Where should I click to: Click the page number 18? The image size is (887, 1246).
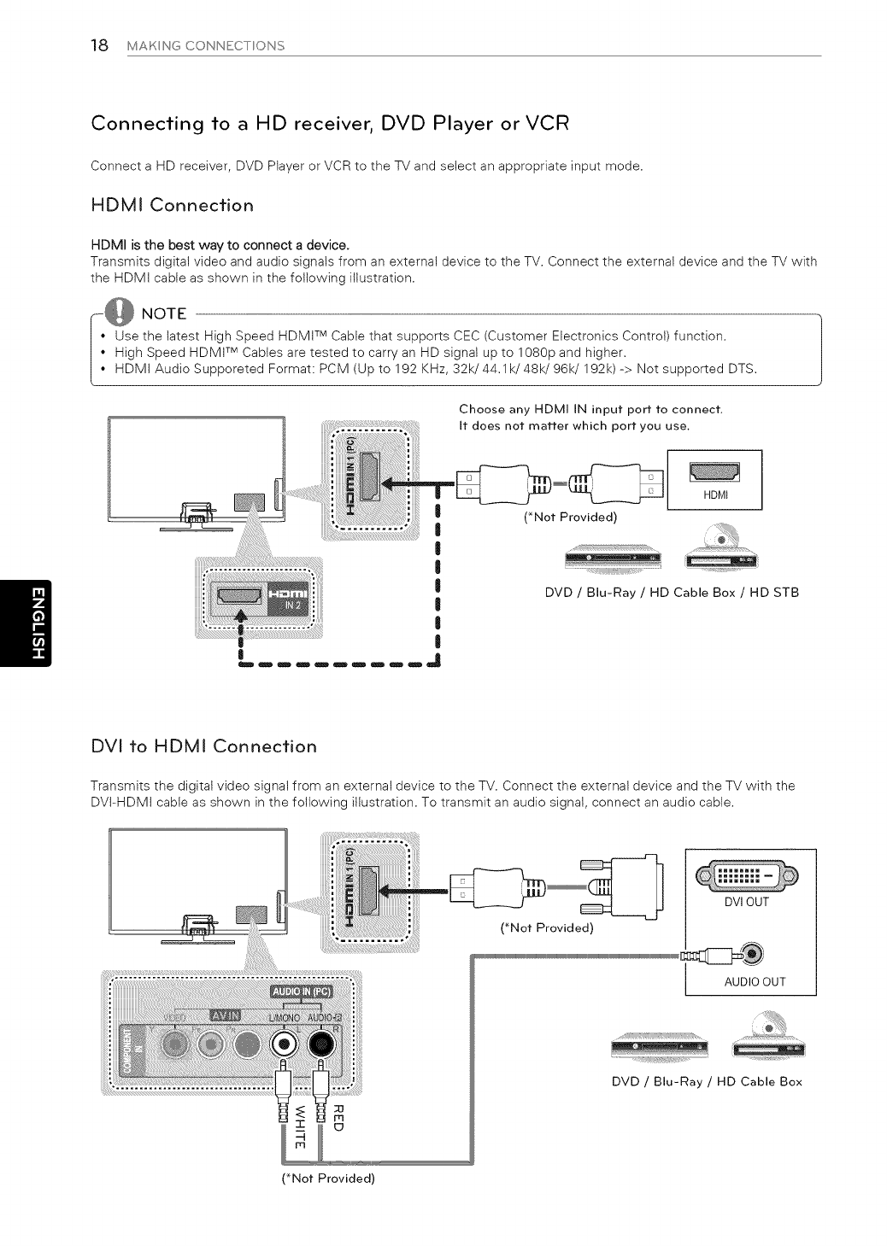tap(99, 45)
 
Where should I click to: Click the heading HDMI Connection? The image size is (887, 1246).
tap(172, 206)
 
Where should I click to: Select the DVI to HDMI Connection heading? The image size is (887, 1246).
tap(203, 746)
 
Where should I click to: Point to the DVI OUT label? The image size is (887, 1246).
tap(747, 902)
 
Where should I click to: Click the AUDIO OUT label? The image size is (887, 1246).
tap(755, 981)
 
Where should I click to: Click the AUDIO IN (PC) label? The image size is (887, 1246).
tap(302, 992)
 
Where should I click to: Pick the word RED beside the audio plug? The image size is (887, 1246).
tap(337, 1116)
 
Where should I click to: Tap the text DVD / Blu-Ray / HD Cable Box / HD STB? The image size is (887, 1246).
tap(672, 592)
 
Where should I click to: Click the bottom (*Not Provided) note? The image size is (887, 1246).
tap(328, 1179)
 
